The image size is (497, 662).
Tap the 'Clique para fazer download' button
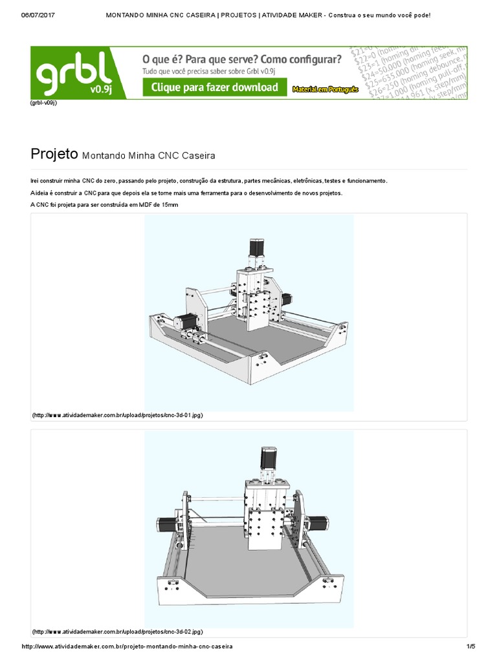point(214,87)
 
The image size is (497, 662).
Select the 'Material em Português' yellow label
point(325,90)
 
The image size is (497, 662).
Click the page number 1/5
point(470,646)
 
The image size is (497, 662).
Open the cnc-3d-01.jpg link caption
point(117,415)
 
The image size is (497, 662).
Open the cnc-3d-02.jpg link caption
point(117,631)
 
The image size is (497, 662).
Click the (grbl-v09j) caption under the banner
point(43,103)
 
